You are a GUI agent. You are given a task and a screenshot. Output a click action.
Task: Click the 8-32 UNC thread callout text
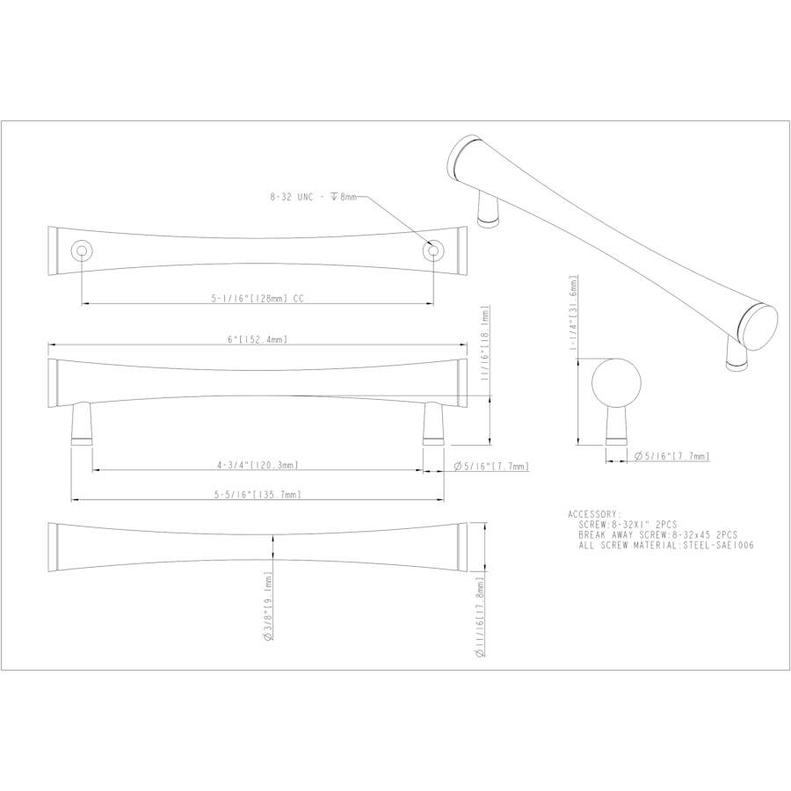click(x=313, y=199)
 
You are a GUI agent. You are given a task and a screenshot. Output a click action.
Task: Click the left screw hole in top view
click(x=81, y=251)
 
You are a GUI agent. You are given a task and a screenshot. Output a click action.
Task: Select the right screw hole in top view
click(x=432, y=251)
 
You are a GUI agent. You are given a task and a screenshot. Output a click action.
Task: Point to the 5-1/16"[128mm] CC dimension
click(x=258, y=299)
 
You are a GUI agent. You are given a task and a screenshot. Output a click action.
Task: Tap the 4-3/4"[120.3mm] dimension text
click(x=258, y=465)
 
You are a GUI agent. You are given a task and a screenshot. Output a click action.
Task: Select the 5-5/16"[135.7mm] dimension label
click(x=258, y=495)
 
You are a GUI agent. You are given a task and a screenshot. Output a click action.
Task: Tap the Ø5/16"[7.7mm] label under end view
click(x=671, y=456)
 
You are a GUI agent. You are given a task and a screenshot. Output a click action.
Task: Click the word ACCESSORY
click(x=595, y=513)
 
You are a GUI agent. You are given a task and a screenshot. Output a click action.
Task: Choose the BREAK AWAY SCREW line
click(x=657, y=534)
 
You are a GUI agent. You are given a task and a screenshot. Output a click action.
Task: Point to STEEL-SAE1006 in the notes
click(x=723, y=545)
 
